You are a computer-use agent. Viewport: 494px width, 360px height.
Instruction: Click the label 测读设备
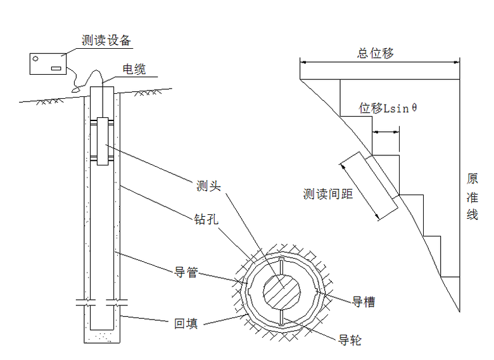tap(106, 41)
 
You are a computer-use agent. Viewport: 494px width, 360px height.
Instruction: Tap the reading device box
tap(48, 64)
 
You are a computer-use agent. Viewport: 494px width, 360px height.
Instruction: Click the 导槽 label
tap(364, 302)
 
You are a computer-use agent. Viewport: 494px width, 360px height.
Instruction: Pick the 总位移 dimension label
tap(376, 53)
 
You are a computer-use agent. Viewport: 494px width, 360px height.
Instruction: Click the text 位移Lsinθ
tap(388, 108)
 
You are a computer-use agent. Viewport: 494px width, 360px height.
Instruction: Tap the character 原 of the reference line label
tap(472, 179)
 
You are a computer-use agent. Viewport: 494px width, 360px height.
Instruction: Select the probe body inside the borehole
tap(103, 141)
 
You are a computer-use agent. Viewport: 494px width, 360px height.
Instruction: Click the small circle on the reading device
tap(37, 60)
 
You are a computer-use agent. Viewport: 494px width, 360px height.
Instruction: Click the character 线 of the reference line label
tap(472, 215)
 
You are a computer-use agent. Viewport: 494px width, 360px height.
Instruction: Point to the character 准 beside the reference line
tap(472, 197)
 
